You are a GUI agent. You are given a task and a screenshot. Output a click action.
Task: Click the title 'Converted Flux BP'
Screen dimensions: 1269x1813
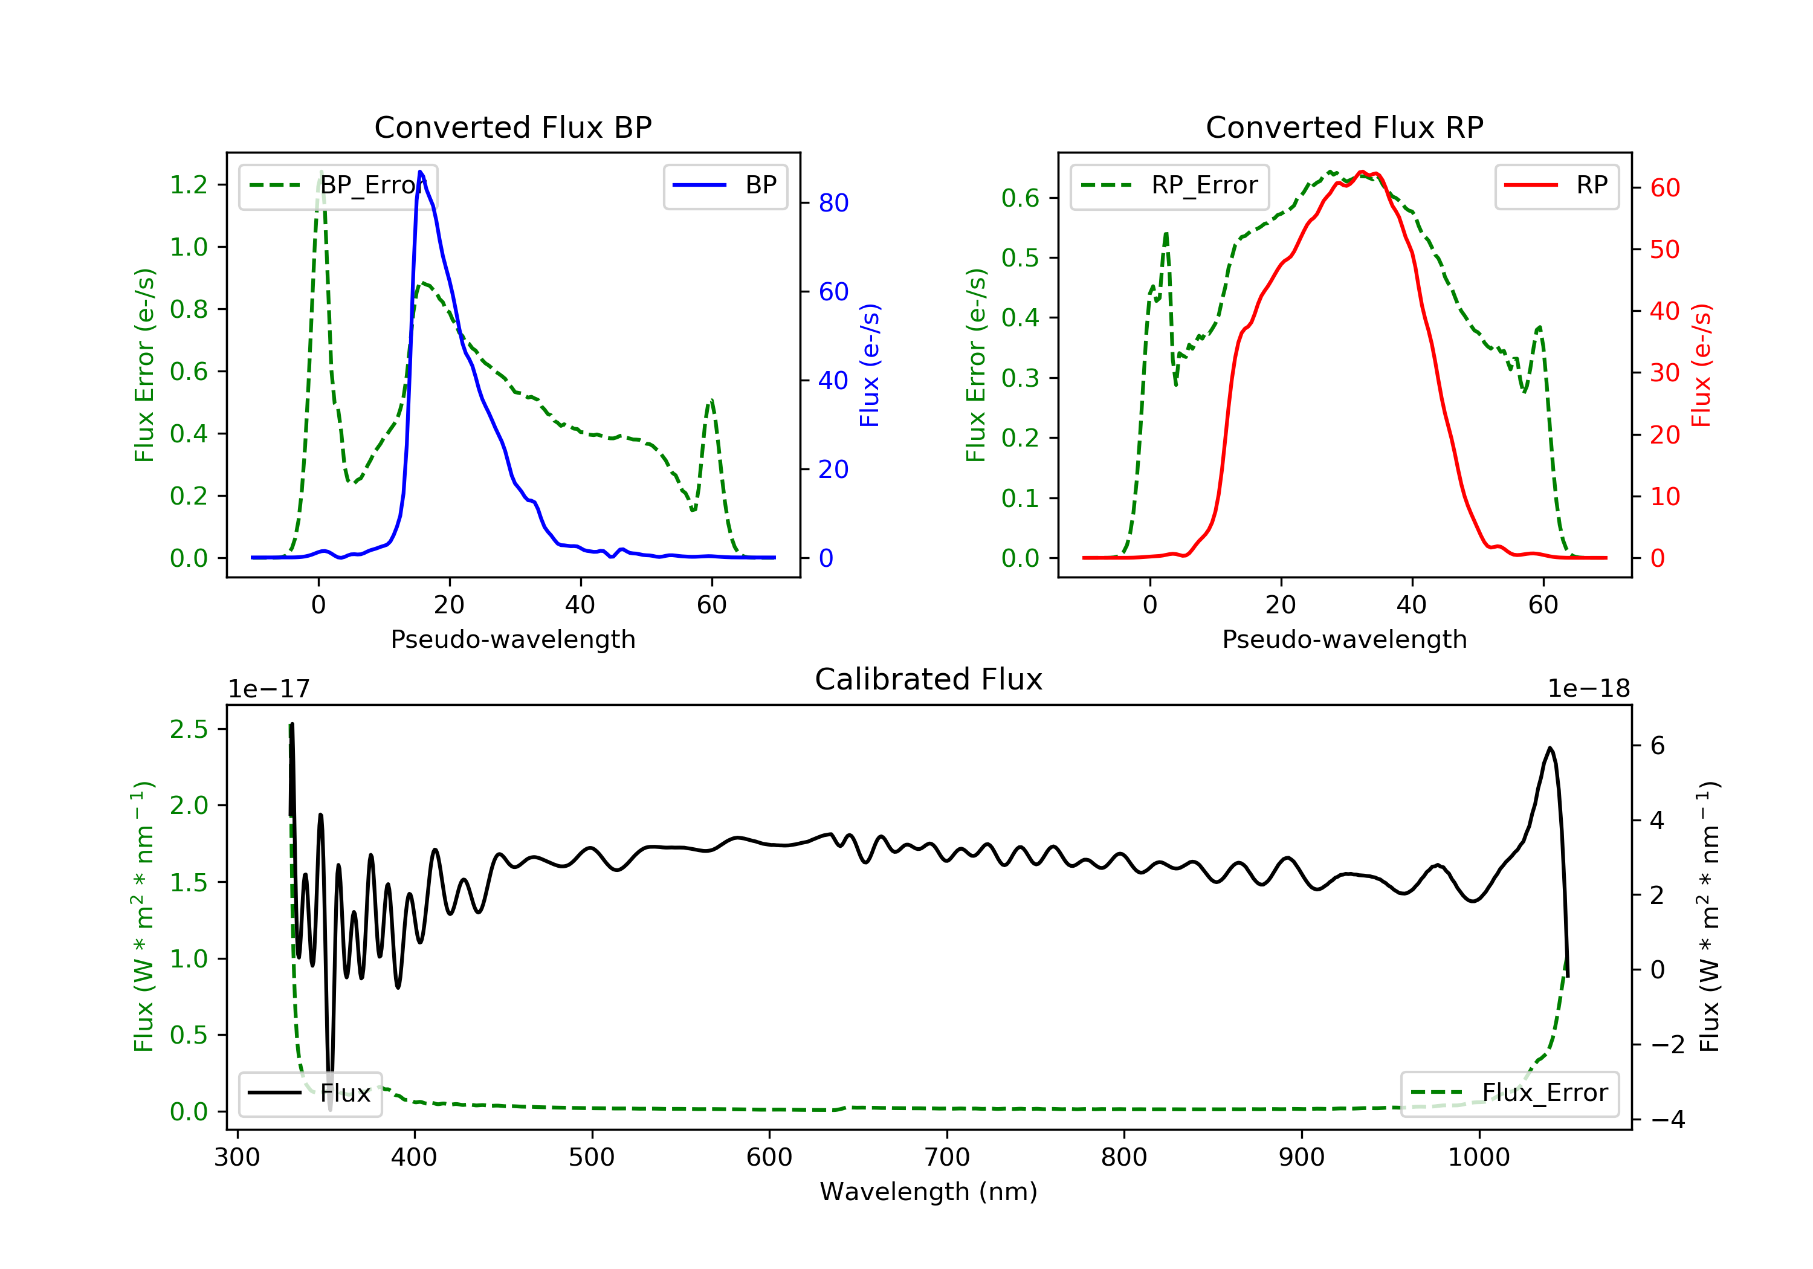[x=512, y=127]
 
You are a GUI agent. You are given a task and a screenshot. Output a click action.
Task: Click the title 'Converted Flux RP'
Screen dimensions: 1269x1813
[x=1344, y=127]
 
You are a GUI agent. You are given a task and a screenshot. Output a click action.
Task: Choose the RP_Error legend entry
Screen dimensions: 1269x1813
[x=1169, y=186]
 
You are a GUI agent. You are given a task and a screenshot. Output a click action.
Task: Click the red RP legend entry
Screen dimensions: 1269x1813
[x=1556, y=186]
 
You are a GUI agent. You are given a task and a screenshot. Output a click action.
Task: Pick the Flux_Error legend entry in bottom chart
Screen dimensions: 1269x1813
[x=1509, y=1093]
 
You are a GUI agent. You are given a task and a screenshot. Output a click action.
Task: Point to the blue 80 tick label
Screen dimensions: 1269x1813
[x=833, y=203]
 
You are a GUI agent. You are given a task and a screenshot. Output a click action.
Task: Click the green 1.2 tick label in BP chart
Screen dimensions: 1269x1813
[x=189, y=185]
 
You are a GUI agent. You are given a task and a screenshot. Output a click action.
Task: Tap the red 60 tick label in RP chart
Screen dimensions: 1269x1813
[x=1664, y=188]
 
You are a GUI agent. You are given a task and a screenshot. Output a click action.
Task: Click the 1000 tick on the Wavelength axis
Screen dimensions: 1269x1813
[x=1478, y=1158]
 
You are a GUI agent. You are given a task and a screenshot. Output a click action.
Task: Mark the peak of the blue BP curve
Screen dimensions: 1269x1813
[x=420, y=172]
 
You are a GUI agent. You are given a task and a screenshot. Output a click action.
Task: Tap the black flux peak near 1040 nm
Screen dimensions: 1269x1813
[x=1550, y=748]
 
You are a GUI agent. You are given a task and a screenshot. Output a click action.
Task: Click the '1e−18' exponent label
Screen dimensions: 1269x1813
[x=1588, y=689]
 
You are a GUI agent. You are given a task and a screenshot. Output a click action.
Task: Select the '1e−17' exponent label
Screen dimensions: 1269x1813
[x=268, y=689]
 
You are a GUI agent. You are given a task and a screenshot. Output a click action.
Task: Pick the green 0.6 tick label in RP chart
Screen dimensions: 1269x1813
[x=1020, y=198]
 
